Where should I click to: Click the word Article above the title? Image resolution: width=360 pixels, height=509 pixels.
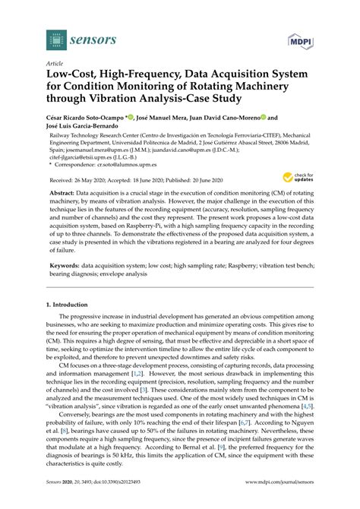click(x=55, y=65)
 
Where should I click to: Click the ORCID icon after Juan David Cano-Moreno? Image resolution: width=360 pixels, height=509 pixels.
click(x=264, y=119)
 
